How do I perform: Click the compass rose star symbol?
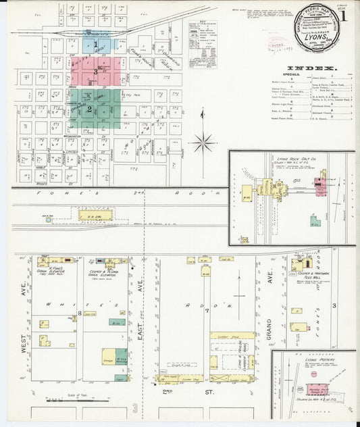203,142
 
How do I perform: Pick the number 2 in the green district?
88,109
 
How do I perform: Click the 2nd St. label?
168,391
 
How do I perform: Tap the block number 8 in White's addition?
80,313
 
